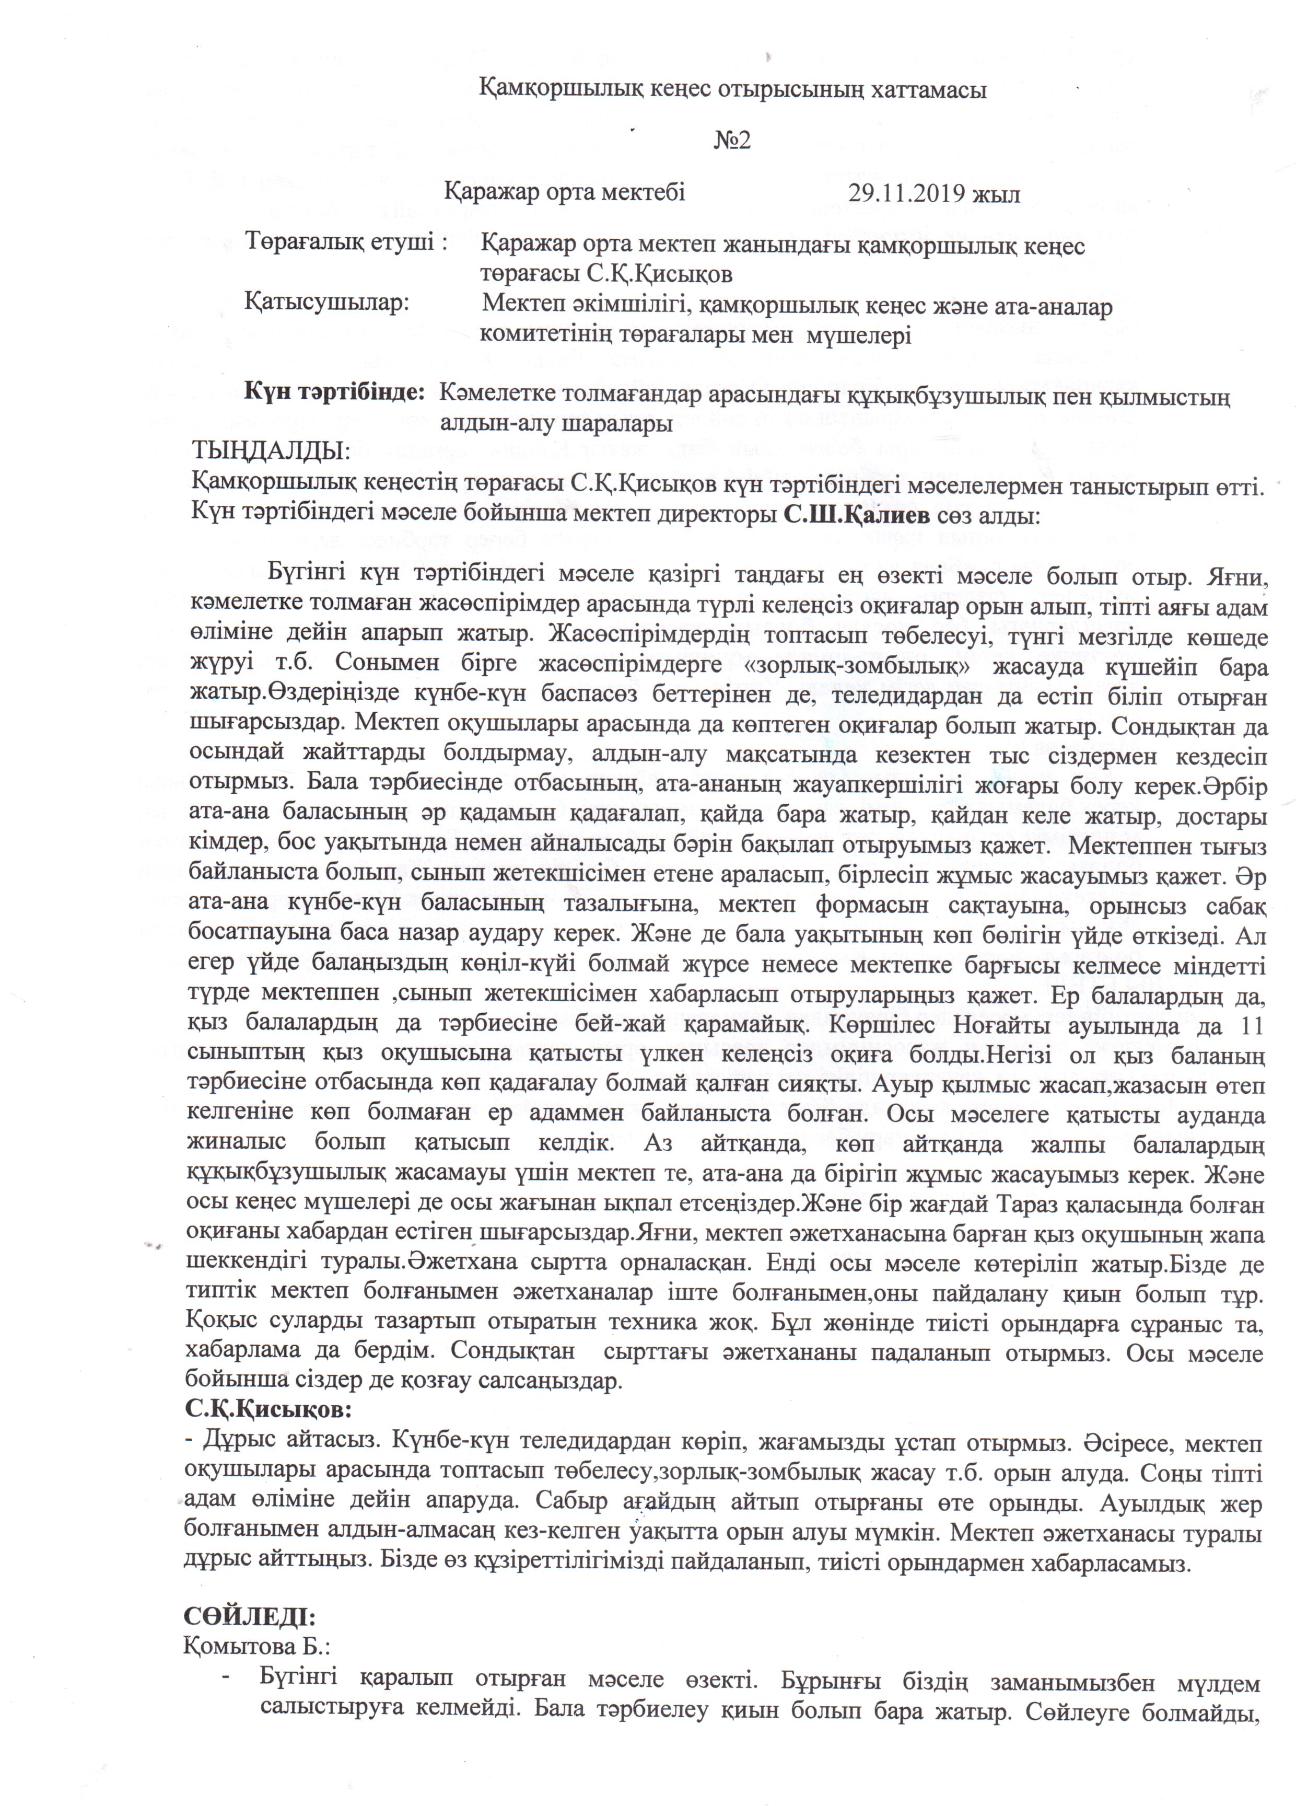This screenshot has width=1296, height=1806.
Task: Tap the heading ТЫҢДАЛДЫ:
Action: pyautogui.click(x=271, y=453)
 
